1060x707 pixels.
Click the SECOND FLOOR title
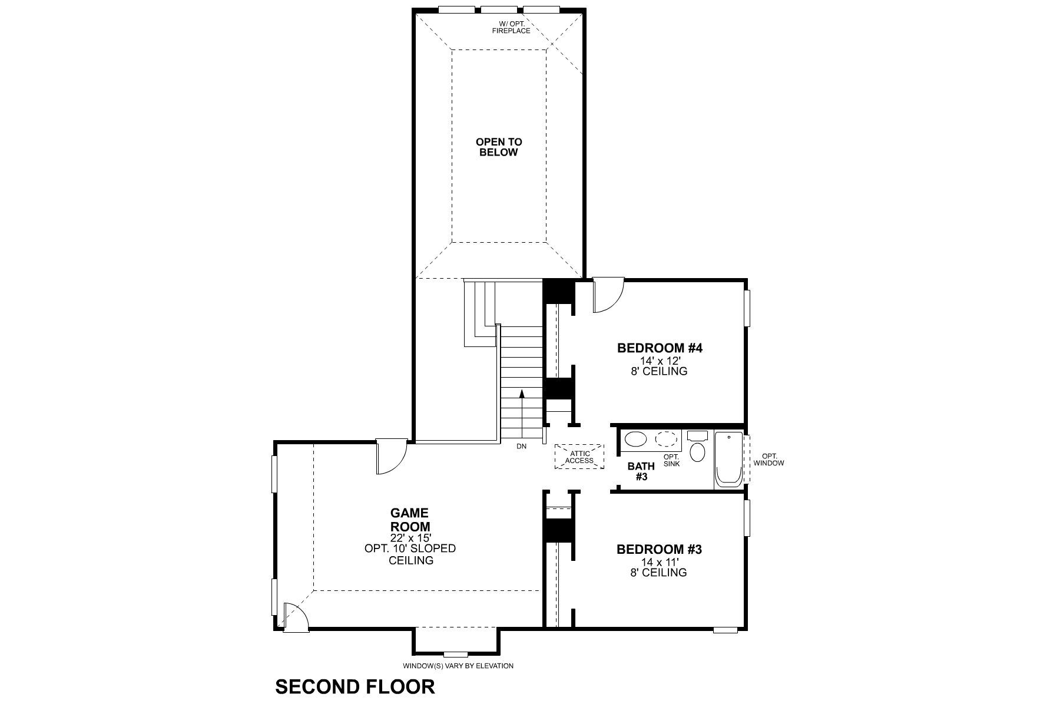[355, 686]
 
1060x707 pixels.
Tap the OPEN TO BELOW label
[499, 147]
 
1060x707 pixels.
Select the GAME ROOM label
[410, 520]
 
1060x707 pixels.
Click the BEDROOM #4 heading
[660, 348]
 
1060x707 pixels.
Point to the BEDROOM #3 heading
[659, 550]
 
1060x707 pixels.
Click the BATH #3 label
[641, 471]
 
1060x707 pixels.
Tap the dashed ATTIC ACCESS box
[579, 457]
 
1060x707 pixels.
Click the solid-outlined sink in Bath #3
[635, 440]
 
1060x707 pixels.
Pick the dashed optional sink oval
[667, 440]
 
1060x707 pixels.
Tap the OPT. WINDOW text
[768, 460]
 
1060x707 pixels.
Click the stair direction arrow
[521, 407]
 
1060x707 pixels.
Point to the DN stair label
[521, 446]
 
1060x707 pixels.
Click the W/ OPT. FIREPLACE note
[511, 27]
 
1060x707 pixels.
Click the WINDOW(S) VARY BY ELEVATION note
[458, 666]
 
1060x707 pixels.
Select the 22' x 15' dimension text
[410, 538]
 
